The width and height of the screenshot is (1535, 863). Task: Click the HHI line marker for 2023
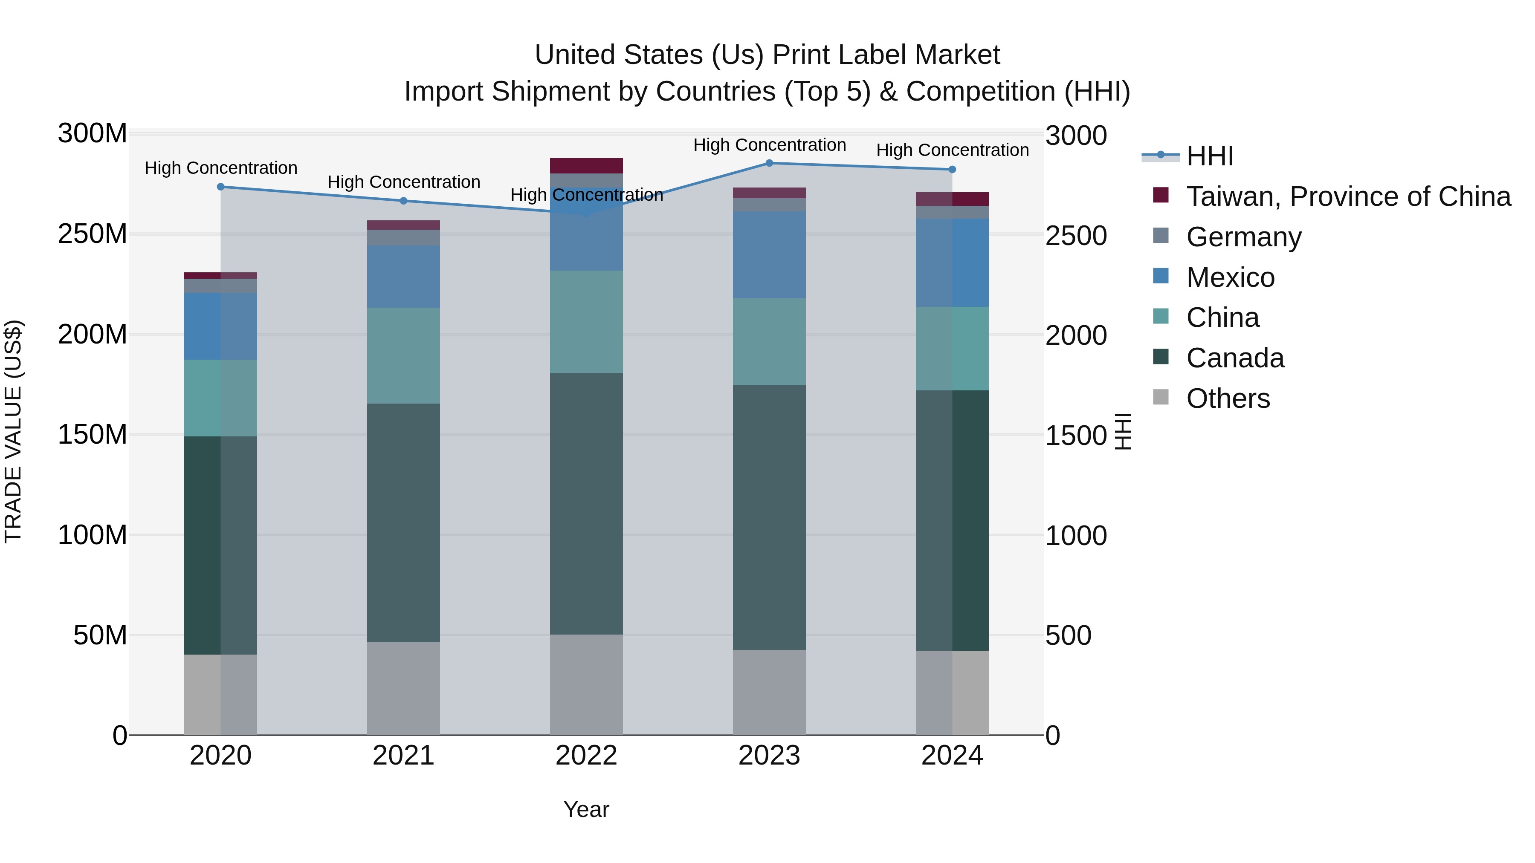[769, 163]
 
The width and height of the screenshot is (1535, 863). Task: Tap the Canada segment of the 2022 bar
[586, 503]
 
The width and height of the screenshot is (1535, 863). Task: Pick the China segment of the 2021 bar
[403, 355]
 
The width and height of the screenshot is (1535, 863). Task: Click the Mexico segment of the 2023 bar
[769, 255]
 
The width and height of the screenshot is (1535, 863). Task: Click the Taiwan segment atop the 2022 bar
[586, 166]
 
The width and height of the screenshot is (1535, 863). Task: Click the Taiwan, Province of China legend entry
[1348, 196]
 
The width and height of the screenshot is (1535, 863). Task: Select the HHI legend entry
[1209, 156]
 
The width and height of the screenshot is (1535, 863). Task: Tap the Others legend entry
[1228, 398]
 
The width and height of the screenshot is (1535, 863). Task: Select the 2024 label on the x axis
[952, 756]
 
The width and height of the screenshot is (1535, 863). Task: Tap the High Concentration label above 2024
[952, 150]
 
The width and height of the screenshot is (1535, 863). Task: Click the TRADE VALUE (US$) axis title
[14, 431]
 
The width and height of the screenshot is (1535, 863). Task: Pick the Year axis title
[586, 809]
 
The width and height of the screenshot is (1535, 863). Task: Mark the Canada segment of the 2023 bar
[769, 517]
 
